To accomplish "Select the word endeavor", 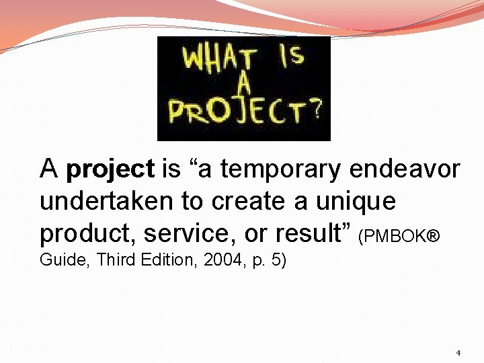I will (x=405, y=169).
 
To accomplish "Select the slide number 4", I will (x=458, y=353).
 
